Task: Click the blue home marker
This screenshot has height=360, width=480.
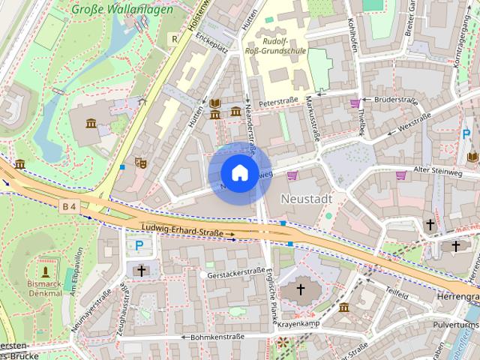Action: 238,172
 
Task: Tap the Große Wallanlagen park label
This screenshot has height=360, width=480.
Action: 122,10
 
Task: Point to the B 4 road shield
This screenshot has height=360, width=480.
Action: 70,205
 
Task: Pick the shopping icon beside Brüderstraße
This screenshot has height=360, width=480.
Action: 355,103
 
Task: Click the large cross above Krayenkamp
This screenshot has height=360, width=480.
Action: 301,289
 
